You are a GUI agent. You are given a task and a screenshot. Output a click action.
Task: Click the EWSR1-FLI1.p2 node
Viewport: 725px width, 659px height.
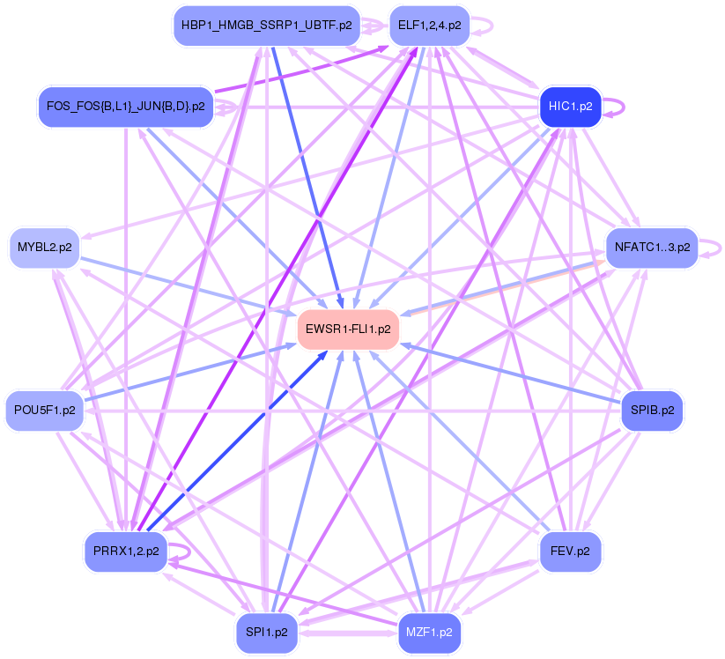(x=349, y=329)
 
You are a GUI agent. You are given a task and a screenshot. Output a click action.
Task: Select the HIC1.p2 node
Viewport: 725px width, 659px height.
(x=569, y=107)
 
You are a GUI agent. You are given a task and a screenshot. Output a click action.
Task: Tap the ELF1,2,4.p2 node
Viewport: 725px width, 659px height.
(x=429, y=26)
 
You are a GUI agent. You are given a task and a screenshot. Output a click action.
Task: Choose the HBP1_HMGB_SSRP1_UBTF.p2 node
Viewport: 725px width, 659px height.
(x=266, y=26)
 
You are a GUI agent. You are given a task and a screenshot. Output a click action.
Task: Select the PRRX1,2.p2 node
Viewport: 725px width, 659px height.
(x=125, y=552)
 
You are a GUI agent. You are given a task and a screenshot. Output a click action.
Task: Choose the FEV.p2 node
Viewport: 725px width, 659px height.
(x=569, y=552)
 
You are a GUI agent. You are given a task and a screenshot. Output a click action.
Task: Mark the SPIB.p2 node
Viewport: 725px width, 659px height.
(x=652, y=410)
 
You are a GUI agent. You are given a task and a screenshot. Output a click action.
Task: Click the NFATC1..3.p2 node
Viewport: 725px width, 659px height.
(x=652, y=247)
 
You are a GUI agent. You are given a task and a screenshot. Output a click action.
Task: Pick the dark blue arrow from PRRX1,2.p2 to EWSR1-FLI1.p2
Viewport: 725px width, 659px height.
(x=238, y=441)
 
